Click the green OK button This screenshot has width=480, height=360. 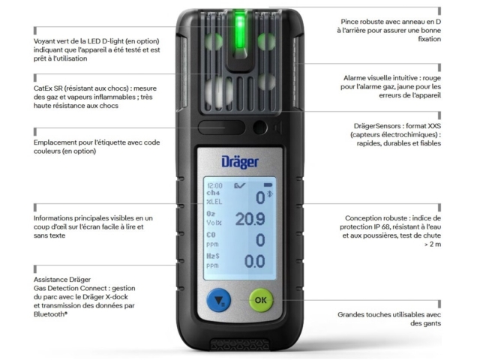pyautogui.click(x=261, y=300)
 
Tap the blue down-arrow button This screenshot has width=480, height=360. pyautogui.click(x=219, y=300)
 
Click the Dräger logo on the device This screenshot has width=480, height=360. pyautogui.click(x=240, y=162)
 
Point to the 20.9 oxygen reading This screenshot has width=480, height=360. pyautogui.click(x=250, y=219)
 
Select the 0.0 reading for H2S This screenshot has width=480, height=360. pyautogui.click(x=254, y=262)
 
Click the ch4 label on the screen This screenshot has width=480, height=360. pyautogui.click(x=213, y=193)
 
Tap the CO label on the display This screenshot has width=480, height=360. pyautogui.click(x=211, y=235)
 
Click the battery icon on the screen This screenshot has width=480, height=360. pyautogui.click(x=268, y=185)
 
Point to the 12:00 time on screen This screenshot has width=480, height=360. pyautogui.click(x=215, y=185)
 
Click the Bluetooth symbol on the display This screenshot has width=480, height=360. pyautogui.click(x=270, y=194)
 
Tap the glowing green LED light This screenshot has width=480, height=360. pyautogui.click(x=240, y=30)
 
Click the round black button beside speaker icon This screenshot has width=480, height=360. pyautogui.click(x=260, y=127)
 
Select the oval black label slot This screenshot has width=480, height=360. pyautogui.click(x=222, y=127)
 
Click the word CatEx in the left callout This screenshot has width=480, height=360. pyautogui.click(x=43, y=88)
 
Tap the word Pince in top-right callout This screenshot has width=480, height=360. pyautogui.click(x=349, y=22)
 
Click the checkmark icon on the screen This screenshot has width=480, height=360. pyautogui.click(x=240, y=185)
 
